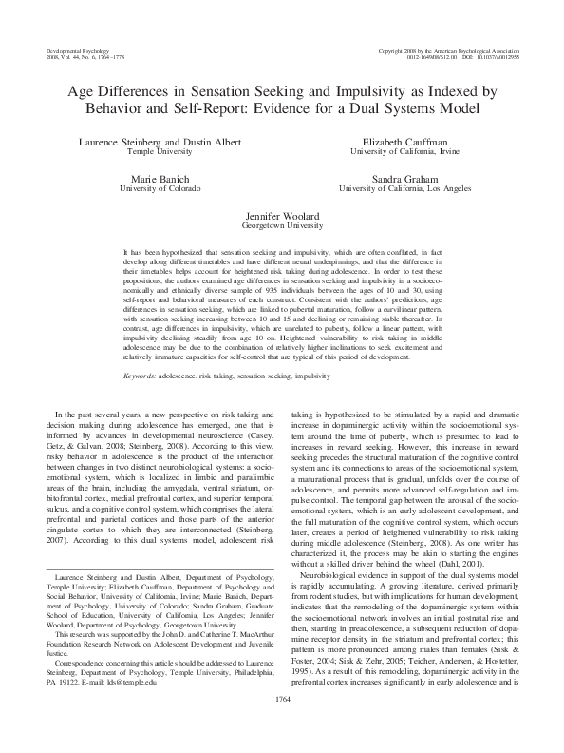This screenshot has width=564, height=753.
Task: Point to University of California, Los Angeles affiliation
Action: pyautogui.click(x=405, y=188)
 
